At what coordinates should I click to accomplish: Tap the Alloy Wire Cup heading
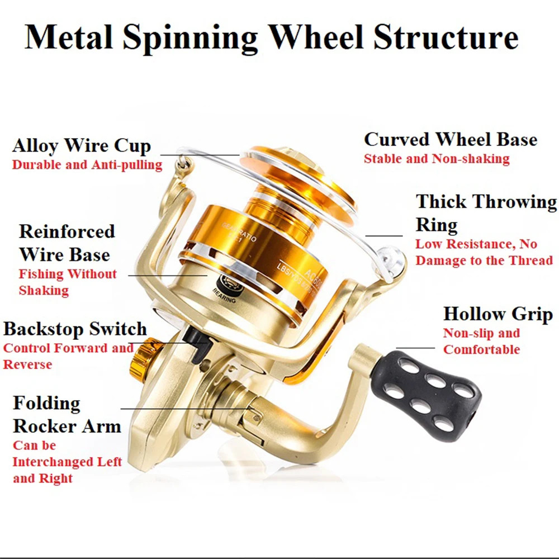[82, 146]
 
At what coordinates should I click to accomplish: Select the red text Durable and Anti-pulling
[87, 165]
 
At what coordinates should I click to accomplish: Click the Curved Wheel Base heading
[451, 140]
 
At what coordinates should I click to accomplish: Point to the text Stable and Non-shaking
[437, 159]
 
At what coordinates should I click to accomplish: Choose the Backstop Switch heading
[75, 329]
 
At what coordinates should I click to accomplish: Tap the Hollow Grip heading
[498, 314]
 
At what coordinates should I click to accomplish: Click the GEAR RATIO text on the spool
[240, 231]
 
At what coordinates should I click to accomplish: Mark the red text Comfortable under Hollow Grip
[481, 350]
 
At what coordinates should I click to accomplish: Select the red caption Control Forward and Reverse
[68, 356]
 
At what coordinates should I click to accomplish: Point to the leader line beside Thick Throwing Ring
[384, 236]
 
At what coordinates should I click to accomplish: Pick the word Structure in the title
[445, 37]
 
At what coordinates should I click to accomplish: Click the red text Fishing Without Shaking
[68, 282]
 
